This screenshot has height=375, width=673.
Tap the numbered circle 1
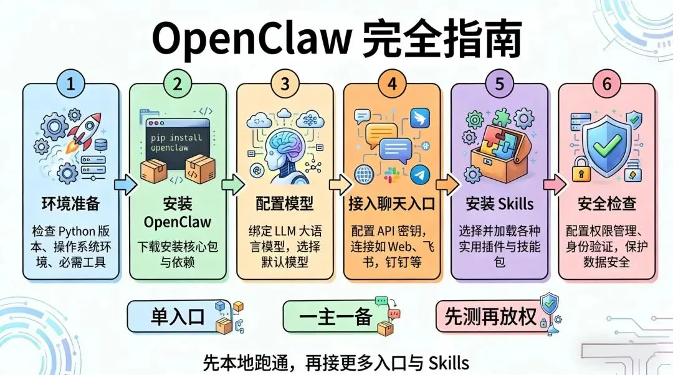coord(70,85)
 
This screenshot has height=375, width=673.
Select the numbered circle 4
coord(392,85)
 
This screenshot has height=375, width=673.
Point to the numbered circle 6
coord(606,85)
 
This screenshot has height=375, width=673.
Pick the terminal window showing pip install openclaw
coord(178,140)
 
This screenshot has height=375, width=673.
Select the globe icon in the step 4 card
coord(363,174)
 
